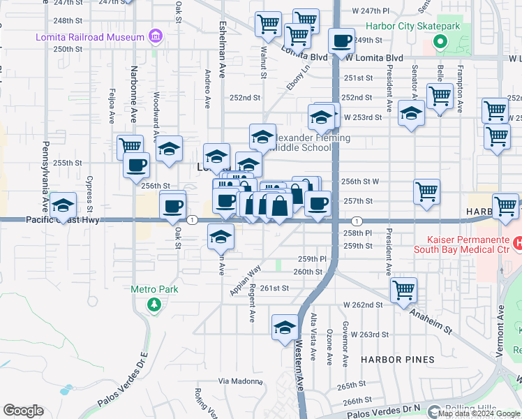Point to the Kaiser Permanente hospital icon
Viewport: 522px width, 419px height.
pyautogui.click(x=518, y=243)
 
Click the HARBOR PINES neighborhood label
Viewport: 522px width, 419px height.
pyautogui.click(x=397, y=360)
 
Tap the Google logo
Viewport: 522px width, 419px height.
pyautogui.click(x=22, y=411)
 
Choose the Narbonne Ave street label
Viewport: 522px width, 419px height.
pyautogui.click(x=134, y=94)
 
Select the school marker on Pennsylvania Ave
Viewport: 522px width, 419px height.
pyautogui.click(x=64, y=205)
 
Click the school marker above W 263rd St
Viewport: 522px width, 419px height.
pyautogui.click(x=285, y=327)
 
